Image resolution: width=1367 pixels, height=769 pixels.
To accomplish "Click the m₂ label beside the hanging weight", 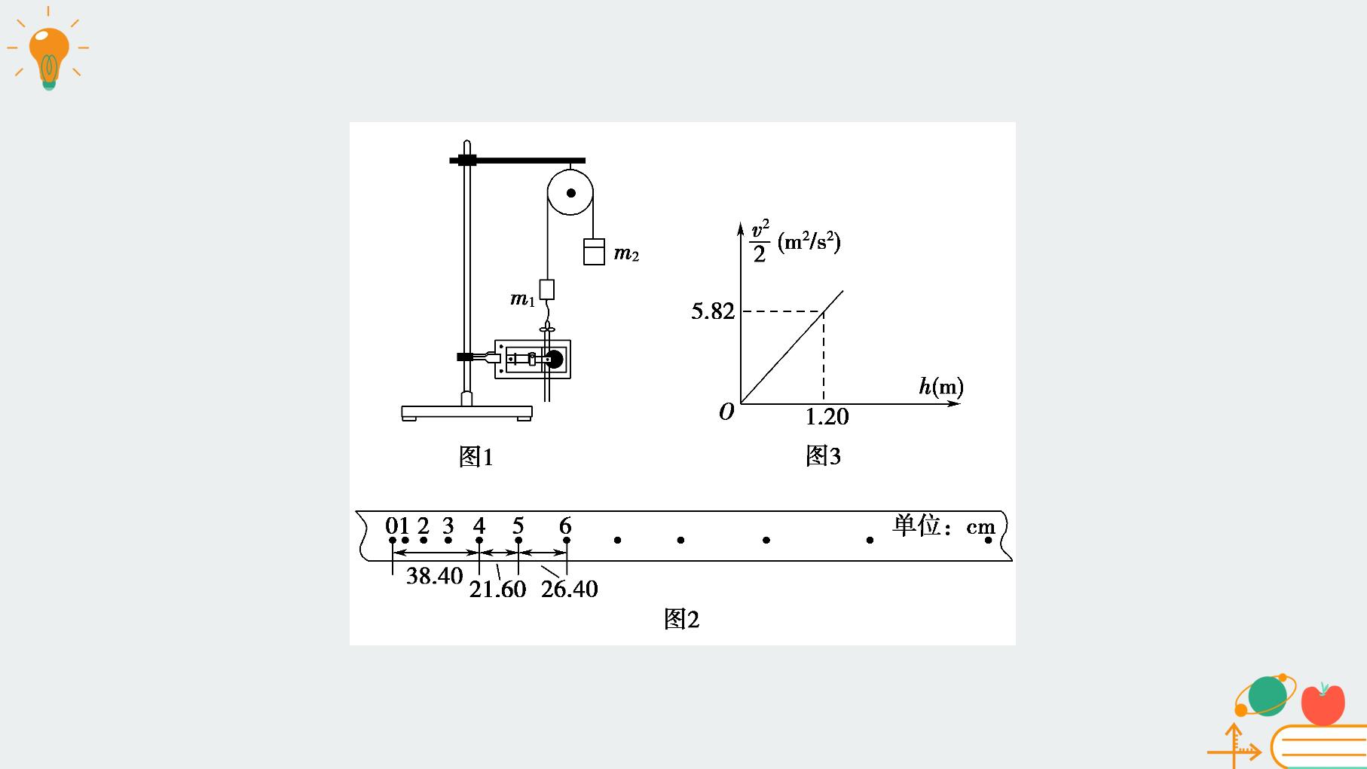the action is click(x=626, y=254).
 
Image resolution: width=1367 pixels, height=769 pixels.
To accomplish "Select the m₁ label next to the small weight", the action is click(x=522, y=299).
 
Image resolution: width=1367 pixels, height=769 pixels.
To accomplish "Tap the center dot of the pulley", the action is click(x=570, y=193).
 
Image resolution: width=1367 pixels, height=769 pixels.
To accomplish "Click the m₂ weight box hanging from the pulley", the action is click(x=594, y=251).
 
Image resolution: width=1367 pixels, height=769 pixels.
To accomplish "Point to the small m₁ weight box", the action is click(x=547, y=290).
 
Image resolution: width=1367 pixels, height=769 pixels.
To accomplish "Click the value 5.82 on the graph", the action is click(x=713, y=311).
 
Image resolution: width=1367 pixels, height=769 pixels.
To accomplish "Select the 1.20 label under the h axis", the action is click(x=827, y=416).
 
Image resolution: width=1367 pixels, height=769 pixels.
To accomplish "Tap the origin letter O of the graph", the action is click(x=726, y=412).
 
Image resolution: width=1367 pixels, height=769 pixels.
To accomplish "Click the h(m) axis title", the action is click(x=940, y=387).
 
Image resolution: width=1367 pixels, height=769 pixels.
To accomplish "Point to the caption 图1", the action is click(x=476, y=457).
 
